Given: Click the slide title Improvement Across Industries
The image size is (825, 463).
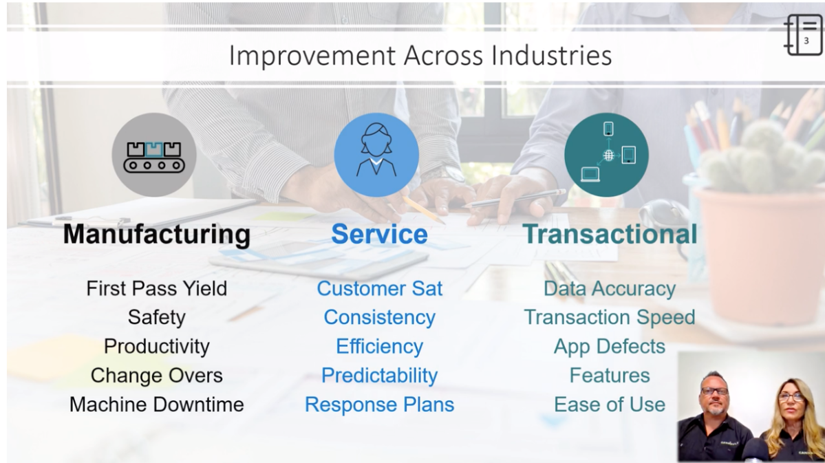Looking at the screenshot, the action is tap(420, 55).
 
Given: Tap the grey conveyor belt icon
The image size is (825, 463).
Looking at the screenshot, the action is tap(154, 155).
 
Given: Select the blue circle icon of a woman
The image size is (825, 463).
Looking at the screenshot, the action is tap(377, 155).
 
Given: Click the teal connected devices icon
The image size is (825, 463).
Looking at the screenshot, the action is tap(607, 155).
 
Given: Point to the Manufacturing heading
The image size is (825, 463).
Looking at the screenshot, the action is tap(157, 234).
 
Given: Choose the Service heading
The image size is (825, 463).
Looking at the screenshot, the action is tap(379, 234).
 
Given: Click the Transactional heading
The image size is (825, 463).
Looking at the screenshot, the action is tap(610, 234).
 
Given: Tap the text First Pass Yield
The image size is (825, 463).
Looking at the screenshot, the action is tap(157, 288).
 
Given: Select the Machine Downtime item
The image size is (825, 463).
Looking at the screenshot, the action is tap(157, 405).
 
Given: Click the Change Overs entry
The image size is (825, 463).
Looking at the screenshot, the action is tap(157, 376).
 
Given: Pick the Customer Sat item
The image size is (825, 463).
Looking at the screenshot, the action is tap(379, 288).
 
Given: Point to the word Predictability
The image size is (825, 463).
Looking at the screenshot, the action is tap(379, 376).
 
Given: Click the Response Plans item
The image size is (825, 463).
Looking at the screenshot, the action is tap(379, 405).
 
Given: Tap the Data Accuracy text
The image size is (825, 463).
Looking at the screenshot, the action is tap(610, 289).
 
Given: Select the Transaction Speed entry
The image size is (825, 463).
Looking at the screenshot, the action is tap(610, 317).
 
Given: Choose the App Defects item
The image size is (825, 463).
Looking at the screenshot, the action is tap(610, 347).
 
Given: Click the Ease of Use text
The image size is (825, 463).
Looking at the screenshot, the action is tap(610, 405).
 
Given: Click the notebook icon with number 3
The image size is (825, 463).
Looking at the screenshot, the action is tap(804, 34).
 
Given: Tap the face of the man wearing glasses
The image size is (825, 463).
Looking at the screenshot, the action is tap(714, 396).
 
